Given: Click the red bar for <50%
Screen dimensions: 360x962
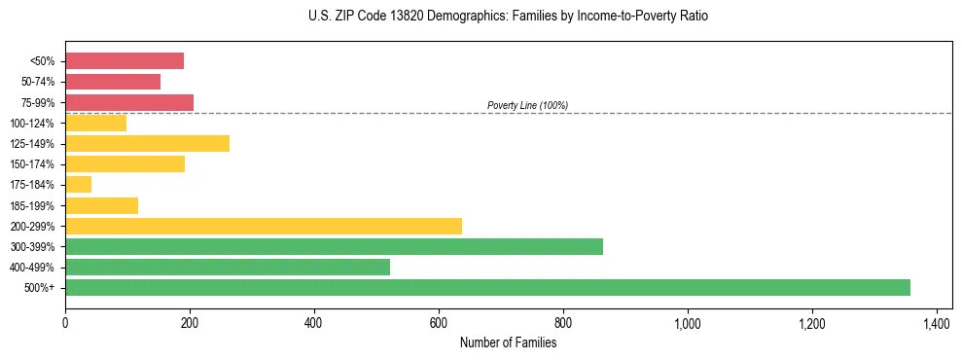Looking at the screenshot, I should [x=125, y=61].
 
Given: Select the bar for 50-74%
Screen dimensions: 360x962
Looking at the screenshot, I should [x=113, y=82].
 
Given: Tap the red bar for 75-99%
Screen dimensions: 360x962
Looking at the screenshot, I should [x=129, y=102].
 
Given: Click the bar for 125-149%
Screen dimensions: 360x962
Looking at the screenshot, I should [x=147, y=143].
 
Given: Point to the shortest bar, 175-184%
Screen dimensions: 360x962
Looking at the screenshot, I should [x=78, y=184].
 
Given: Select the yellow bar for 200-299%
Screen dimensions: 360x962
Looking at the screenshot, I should [x=264, y=226].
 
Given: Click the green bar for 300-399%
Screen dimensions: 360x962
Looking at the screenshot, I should [x=334, y=246].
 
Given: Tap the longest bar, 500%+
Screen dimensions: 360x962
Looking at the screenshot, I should [x=487, y=287].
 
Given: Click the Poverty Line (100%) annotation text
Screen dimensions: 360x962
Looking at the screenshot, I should [x=527, y=105].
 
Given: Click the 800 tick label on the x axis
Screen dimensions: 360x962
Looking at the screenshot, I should [x=563, y=321].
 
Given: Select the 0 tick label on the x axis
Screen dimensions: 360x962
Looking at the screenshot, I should [x=65, y=321].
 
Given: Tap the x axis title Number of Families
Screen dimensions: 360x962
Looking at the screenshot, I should [x=508, y=342].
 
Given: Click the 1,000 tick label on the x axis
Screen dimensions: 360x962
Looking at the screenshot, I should [x=687, y=321].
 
